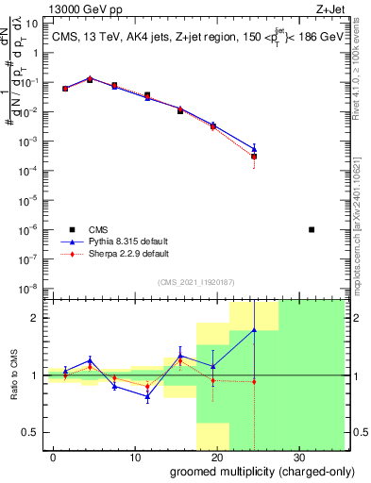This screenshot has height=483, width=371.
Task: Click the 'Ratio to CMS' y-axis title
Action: tap(13, 375)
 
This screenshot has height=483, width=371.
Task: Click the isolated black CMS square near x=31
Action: tap(312, 229)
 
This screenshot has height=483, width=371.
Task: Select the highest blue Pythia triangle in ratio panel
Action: tap(254, 330)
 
